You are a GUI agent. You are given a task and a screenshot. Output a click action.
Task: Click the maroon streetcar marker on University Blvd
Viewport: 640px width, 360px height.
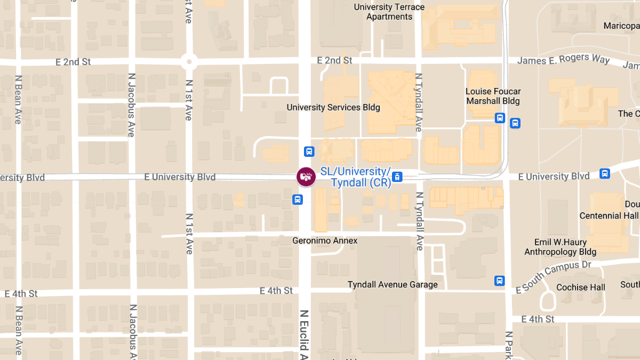pos(306,177)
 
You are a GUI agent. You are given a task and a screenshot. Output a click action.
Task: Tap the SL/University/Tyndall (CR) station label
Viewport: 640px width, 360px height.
pos(356,177)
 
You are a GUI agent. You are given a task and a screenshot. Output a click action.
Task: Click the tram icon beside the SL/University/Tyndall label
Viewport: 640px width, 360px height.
pos(398,177)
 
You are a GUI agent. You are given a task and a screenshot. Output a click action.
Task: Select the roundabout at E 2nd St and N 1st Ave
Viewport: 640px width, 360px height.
pos(189,61)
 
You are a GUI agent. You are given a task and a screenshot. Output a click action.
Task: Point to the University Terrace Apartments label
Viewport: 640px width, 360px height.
pos(389,12)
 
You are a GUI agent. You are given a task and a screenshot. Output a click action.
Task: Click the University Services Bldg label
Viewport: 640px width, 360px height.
pos(333,107)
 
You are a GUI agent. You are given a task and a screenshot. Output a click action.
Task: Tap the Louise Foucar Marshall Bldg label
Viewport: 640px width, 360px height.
pos(493,96)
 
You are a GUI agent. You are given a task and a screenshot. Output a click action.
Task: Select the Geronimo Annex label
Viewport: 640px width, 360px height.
pos(325,241)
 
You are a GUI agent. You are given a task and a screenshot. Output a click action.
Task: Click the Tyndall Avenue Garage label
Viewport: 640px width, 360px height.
pos(393,284)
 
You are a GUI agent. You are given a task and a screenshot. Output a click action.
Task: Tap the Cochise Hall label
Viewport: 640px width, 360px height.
pos(581,287)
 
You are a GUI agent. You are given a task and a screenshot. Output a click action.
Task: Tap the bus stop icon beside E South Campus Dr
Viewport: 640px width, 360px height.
pos(499,281)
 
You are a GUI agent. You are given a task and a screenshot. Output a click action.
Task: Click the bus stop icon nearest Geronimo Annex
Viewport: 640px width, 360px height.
pos(298,199)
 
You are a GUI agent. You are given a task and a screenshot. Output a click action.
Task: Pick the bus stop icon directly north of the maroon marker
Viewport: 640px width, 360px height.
pos(309,151)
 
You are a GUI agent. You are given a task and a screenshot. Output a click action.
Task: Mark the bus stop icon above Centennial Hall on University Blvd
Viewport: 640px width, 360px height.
pos(604,173)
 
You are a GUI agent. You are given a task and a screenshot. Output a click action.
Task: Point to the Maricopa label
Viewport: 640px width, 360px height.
pos(621,26)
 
